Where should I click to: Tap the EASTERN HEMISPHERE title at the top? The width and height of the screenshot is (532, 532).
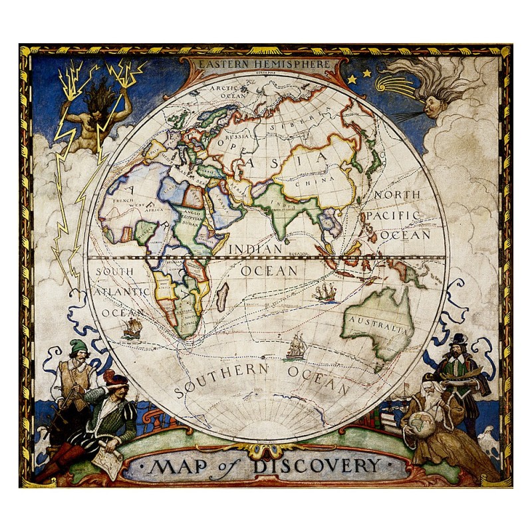point(265,65)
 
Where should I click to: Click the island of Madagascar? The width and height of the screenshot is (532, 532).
point(223,296)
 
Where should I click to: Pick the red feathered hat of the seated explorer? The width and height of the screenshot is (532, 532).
point(115,380)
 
